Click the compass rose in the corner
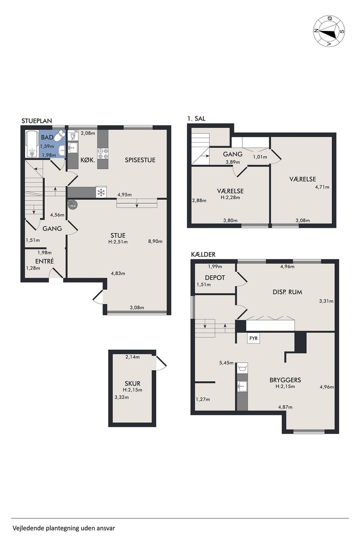tap(329, 31)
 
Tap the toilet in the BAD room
tap(60, 136)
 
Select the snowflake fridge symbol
tap(101, 192)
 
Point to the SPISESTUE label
tap(140, 160)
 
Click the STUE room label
tap(118, 235)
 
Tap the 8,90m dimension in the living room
tap(155, 241)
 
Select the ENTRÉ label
tap(44, 261)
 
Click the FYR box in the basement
tap(253, 338)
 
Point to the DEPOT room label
tap(215, 277)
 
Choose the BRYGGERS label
tap(285, 380)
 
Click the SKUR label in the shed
tap(133, 384)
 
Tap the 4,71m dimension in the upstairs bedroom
tap(322, 187)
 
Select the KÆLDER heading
tap(203, 254)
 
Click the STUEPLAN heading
tap(37, 121)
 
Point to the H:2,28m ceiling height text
tap(230, 197)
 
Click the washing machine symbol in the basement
tap(242, 368)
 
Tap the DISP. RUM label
tap(288, 292)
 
